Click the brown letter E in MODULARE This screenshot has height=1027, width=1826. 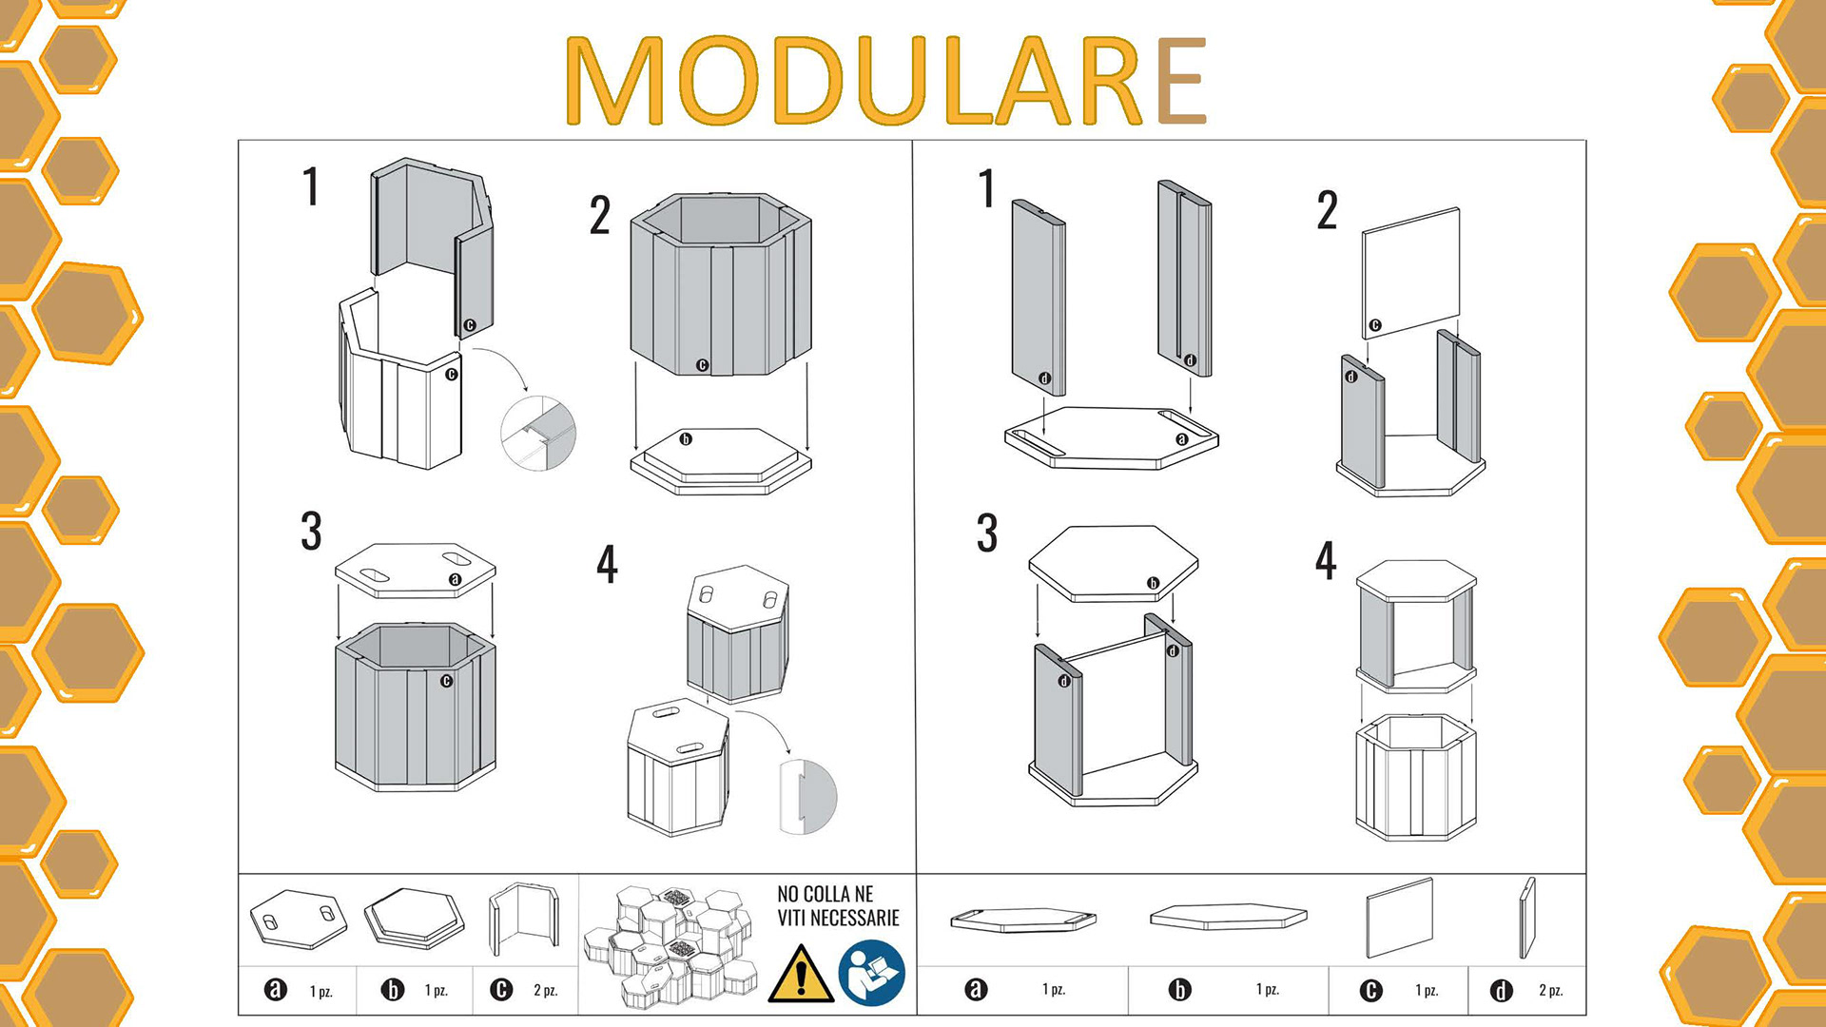[x=1182, y=81]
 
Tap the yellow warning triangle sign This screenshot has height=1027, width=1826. [x=801, y=974]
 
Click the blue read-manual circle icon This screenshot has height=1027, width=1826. [x=871, y=973]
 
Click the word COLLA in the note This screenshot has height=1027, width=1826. [x=826, y=894]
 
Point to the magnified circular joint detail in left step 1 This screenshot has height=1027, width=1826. [x=538, y=433]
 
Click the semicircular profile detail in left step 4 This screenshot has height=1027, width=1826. [x=808, y=797]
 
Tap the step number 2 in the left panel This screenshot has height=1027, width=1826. [x=600, y=215]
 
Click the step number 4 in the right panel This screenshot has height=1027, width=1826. [x=1326, y=560]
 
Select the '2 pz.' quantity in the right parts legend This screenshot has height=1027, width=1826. [x=1550, y=990]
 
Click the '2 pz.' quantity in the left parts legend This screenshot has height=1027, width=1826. [x=545, y=990]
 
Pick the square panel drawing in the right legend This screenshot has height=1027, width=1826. [x=1399, y=918]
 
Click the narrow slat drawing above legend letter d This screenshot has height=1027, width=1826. [x=1527, y=918]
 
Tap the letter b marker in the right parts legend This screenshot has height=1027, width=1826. [x=1179, y=990]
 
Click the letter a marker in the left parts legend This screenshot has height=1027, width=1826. [x=275, y=990]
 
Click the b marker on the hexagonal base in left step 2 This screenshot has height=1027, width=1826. [x=686, y=439]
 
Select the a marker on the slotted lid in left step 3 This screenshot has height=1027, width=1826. [x=455, y=579]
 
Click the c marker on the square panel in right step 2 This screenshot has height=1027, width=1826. [x=1374, y=325]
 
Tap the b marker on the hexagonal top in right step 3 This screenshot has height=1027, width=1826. [x=1153, y=583]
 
